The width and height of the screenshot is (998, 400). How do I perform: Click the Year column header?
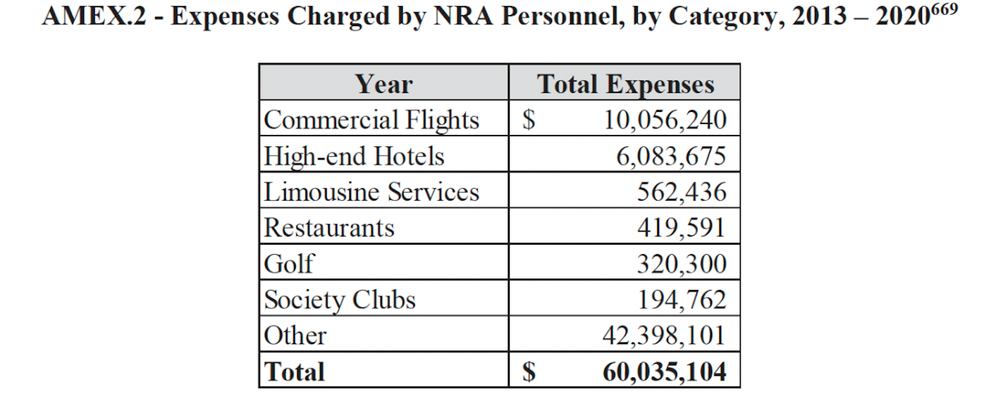[x=383, y=84]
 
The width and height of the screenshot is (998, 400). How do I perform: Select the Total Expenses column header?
[x=625, y=84]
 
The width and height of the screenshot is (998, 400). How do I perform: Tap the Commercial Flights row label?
[x=371, y=120]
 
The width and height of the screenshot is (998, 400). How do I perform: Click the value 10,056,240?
[x=665, y=120]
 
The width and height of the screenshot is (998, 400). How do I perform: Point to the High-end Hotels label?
[x=354, y=156]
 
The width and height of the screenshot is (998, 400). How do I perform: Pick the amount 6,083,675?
[x=671, y=156]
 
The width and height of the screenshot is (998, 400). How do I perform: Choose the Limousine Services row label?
[x=371, y=192]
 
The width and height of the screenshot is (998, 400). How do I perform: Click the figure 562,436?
[x=682, y=192]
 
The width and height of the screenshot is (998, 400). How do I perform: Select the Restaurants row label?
[x=329, y=228]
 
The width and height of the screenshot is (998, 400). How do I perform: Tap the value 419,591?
[x=682, y=228]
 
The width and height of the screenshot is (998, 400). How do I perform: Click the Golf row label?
[x=289, y=264]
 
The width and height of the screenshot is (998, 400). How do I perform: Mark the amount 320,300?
[x=682, y=264]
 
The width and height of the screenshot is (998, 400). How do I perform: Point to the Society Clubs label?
[x=340, y=300]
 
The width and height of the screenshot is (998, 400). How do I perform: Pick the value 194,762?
[x=682, y=300]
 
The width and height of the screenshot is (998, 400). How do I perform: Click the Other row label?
[x=295, y=336]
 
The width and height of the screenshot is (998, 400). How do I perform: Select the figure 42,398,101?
[x=665, y=336]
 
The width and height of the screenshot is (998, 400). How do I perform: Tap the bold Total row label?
[x=295, y=371]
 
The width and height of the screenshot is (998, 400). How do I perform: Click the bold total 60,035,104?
[x=665, y=371]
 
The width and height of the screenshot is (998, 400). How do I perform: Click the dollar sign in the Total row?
[x=529, y=371]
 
